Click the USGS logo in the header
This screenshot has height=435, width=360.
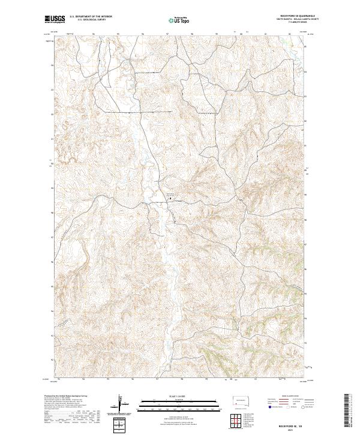(54, 19)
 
